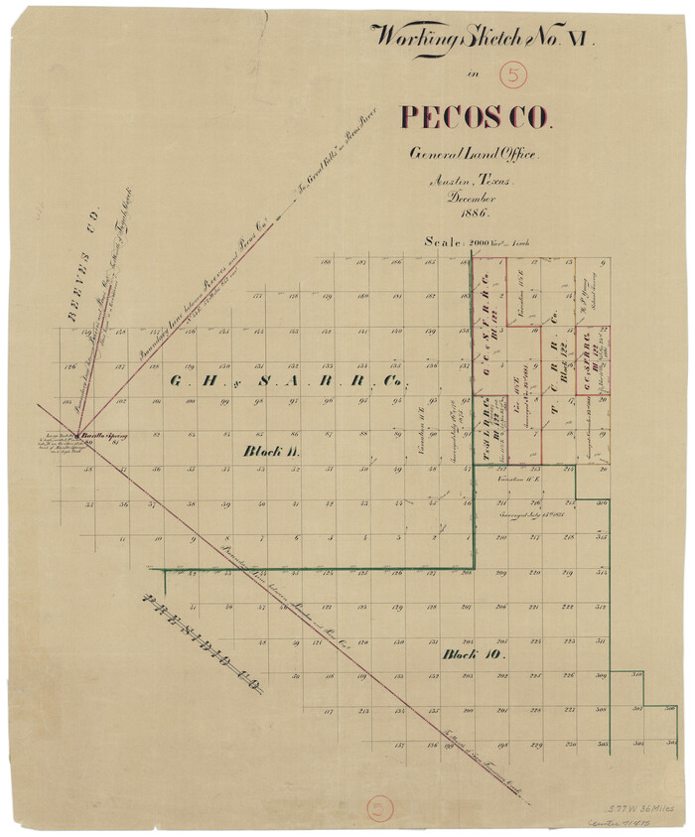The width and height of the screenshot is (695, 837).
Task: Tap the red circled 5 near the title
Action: pos(513,74)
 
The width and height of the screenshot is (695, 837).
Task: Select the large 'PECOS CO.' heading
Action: pos(475,117)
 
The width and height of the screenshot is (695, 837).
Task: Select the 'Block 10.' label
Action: pos(474,655)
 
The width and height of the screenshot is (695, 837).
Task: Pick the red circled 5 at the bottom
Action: pos(380,807)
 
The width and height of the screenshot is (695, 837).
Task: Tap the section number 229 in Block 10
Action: pos(536,745)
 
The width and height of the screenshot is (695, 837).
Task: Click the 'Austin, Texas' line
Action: pos(470,182)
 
